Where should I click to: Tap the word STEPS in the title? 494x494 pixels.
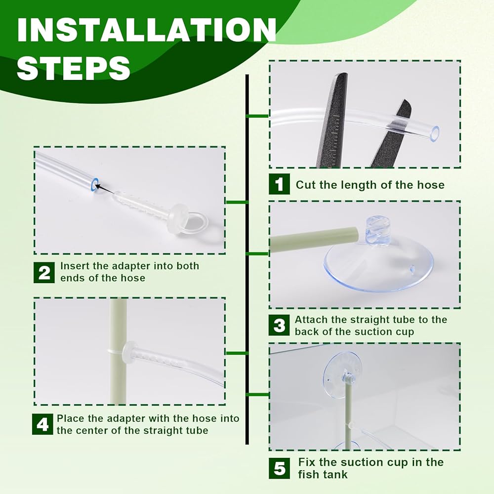pos(74,67)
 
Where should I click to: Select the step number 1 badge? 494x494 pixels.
pos(279,184)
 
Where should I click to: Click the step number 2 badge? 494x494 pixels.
pos(44,273)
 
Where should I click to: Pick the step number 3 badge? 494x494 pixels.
pos(279,325)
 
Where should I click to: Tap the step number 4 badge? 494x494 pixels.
pos(42,424)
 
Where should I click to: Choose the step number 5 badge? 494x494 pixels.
pos(279,468)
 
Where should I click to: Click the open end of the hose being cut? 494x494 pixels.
pos(435,132)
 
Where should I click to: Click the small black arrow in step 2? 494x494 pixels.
pos(105,189)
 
